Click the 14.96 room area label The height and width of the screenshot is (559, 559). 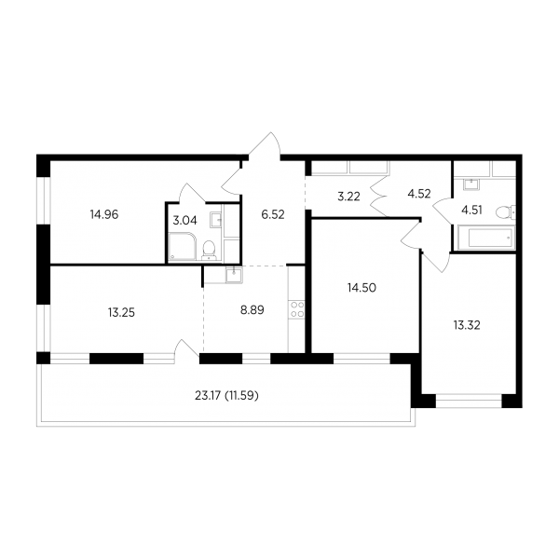pyautogui.click(x=104, y=214)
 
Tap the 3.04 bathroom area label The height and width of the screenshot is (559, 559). pyautogui.click(x=184, y=221)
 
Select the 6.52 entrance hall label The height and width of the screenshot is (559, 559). pyautogui.click(x=273, y=214)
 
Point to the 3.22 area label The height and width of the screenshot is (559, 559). pyautogui.click(x=348, y=197)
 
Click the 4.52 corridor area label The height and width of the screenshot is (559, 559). pyautogui.click(x=419, y=194)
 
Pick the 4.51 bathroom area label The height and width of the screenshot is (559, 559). pyautogui.click(x=471, y=210)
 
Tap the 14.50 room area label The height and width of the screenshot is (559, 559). pyautogui.click(x=361, y=288)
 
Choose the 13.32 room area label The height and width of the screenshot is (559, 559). pyautogui.click(x=467, y=325)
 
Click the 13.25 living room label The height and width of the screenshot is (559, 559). pyautogui.click(x=121, y=313)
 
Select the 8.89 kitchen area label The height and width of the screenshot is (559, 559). pyautogui.click(x=252, y=310)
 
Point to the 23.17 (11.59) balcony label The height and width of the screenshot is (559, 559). pyautogui.click(x=226, y=396)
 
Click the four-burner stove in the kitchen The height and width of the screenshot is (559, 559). pyautogui.click(x=297, y=309)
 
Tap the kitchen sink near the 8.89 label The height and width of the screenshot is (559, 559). pyautogui.click(x=234, y=275)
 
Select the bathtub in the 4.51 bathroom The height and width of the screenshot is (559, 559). pyautogui.click(x=490, y=238)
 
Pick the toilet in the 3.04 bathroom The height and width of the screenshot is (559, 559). pyautogui.click(x=209, y=250)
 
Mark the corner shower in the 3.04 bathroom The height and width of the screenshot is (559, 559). pyautogui.click(x=182, y=246)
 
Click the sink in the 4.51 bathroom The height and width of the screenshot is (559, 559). pyautogui.click(x=471, y=184)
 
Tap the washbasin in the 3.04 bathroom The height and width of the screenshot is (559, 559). pyautogui.click(x=216, y=220)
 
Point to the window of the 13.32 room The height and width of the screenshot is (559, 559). pyautogui.click(x=469, y=401)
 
